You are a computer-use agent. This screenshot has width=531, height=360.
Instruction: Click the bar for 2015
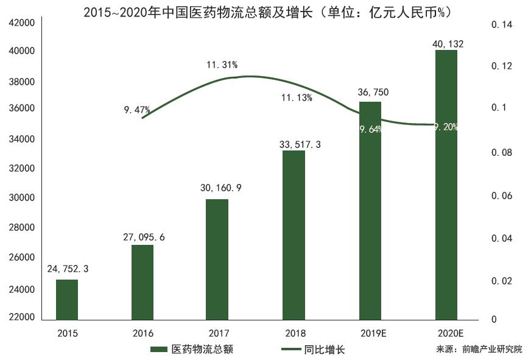click(x=67, y=300)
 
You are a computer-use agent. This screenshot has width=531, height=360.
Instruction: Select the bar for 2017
click(x=217, y=259)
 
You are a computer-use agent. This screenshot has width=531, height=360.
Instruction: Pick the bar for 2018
click(x=294, y=235)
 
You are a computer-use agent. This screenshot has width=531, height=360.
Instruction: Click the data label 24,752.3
click(x=68, y=268)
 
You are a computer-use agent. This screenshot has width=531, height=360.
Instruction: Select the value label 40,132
click(x=446, y=43)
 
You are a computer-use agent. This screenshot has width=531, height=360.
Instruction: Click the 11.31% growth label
click(x=222, y=65)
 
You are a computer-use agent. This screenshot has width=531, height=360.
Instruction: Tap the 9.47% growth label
click(x=136, y=110)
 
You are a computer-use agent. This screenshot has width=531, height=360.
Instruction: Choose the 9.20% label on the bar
click(x=446, y=127)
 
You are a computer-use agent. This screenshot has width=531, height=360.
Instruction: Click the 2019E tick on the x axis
click(x=370, y=333)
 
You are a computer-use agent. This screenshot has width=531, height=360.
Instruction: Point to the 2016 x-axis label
click(x=143, y=333)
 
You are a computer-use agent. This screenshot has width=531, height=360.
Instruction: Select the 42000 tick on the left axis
click(x=22, y=23)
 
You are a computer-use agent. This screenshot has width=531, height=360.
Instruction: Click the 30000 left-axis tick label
click(x=22, y=198)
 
